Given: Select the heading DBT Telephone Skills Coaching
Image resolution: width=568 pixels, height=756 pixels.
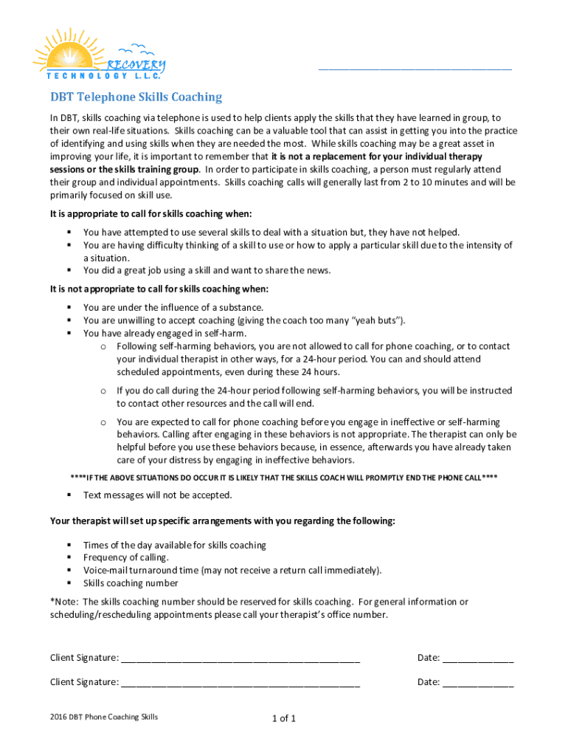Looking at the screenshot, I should (136, 97).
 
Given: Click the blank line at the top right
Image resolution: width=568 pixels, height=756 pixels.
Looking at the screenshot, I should (415, 68).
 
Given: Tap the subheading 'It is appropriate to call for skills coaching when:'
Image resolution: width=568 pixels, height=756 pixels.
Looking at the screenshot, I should (151, 214).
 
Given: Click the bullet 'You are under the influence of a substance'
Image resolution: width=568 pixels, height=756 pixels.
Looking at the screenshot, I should (173, 307).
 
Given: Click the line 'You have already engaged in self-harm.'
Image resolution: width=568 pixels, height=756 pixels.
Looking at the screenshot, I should (164, 333).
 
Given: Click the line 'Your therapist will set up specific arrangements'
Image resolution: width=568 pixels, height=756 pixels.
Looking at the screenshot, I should (222, 521).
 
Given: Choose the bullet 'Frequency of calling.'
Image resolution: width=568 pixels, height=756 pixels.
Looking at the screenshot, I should (125, 557).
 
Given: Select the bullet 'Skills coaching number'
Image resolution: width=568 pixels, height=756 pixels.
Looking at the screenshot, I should (130, 583).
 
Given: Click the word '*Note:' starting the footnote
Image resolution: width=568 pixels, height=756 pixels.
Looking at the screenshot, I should (64, 602).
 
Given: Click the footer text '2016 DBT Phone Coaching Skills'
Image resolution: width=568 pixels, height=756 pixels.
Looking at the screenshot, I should (103, 717).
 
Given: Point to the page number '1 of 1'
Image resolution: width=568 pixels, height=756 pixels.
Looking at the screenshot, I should (284, 718).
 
